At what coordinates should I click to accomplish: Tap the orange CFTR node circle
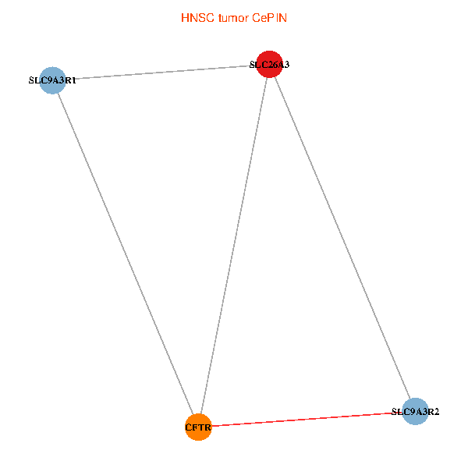[x=198, y=427]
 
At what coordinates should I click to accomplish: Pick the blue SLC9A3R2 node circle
[x=415, y=411]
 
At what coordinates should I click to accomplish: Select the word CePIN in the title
[x=269, y=17]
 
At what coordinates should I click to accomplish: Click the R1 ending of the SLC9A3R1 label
[x=71, y=80]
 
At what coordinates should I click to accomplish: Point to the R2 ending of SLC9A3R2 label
[x=434, y=411]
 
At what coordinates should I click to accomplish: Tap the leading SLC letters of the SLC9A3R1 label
[x=36, y=80]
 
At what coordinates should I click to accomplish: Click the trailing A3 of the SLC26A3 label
[x=284, y=65]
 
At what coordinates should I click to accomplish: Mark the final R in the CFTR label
[x=207, y=427]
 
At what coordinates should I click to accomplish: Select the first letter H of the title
[x=185, y=17]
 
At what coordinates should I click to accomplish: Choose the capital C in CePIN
[x=255, y=17]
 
